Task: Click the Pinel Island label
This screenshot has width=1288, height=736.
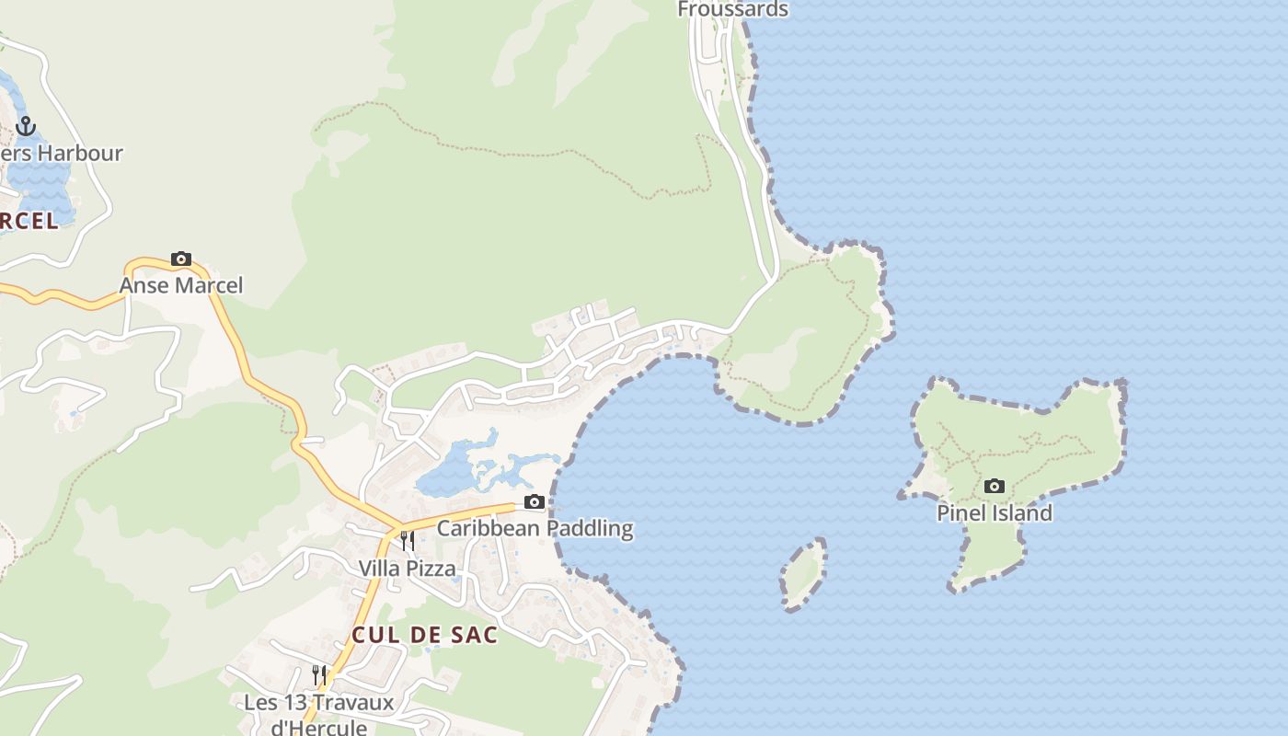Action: pos(994,513)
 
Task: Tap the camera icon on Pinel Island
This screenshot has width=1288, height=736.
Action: pos(994,486)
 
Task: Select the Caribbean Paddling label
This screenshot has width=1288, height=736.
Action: pos(535,528)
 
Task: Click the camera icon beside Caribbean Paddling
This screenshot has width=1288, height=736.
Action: pos(534,501)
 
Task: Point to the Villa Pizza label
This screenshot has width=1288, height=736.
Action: pos(407,569)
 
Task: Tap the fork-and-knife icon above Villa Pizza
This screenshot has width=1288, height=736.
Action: pos(407,540)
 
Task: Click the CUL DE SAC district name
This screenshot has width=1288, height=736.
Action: pos(424,635)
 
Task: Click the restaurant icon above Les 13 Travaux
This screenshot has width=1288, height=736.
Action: pos(319,674)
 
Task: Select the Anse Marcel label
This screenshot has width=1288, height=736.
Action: pos(181,285)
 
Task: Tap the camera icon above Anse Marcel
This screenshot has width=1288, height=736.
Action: pos(181,259)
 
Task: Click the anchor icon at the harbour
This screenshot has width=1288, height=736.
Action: pos(26,126)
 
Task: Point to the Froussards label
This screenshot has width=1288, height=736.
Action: pos(732,9)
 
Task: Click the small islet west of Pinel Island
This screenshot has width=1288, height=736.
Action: pos(803,574)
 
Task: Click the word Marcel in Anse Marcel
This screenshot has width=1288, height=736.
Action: pos(209,285)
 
